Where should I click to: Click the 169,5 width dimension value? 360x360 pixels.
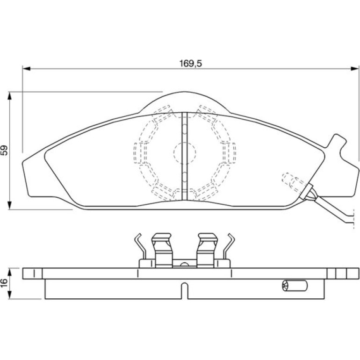190,64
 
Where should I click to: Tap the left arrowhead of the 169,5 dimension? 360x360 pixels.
26,69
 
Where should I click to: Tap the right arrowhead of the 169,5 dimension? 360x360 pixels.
354,69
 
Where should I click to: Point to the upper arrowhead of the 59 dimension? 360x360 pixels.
9,96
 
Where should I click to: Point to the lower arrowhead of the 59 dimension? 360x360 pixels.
9,205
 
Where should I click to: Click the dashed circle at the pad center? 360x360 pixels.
185,153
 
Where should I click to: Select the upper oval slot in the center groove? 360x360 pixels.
184,129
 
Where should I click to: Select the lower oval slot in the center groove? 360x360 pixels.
184,177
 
